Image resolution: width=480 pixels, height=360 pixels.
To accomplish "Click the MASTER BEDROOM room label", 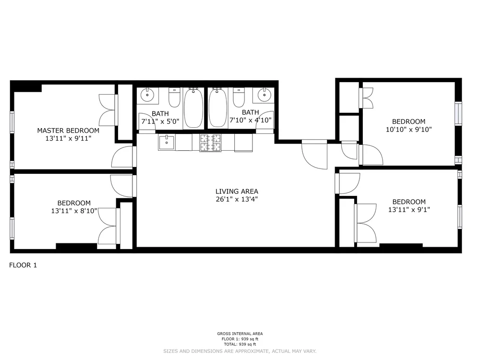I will click(x=68, y=131).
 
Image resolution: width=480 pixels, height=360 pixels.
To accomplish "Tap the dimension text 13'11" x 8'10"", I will click(x=73, y=211).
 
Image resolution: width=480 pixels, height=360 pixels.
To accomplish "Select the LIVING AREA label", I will click(x=237, y=192).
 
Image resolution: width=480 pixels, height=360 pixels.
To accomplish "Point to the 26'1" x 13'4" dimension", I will click(x=237, y=199).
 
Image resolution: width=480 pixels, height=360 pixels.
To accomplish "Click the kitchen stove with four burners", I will click(x=211, y=143).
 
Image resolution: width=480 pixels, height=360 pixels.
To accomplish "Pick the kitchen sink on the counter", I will click(x=167, y=143).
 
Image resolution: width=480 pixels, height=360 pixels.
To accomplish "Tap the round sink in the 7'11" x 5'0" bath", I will click(x=148, y=96).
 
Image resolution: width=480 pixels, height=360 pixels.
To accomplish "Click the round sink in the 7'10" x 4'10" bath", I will click(x=264, y=96).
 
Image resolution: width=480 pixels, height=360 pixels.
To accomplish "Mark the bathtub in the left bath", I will click(x=193, y=108).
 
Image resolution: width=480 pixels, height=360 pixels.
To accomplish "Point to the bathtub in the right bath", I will click(x=218, y=108).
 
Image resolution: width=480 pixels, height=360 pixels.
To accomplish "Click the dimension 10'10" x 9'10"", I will click(x=408, y=129).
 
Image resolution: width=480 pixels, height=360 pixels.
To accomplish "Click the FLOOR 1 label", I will click(x=23, y=265).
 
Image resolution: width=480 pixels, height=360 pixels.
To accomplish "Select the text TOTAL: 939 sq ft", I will click(x=240, y=344).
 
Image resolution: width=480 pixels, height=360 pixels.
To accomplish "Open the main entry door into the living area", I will click(x=314, y=155).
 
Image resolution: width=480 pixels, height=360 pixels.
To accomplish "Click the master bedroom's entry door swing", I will click(x=123, y=157).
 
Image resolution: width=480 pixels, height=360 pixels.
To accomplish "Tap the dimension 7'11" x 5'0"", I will click(x=160, y=121).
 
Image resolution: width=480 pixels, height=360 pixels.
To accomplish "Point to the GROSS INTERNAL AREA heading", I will click(x=240, y=334).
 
